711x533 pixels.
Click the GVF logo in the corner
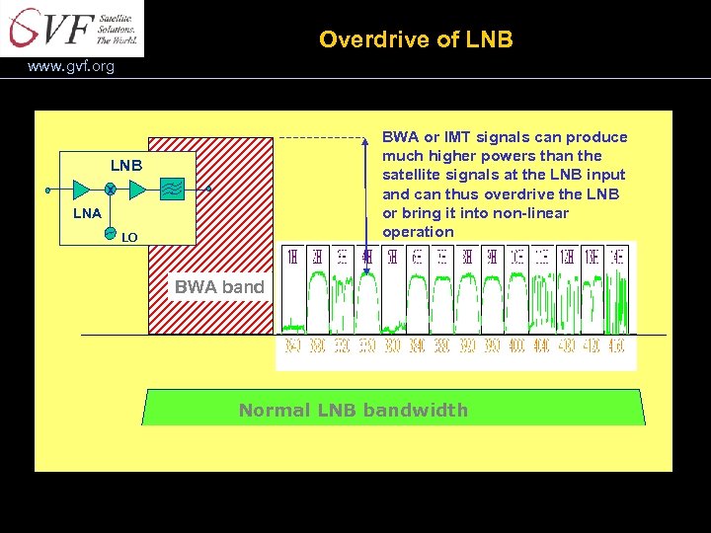coord(71,28)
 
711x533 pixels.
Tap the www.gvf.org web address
coord(71,67)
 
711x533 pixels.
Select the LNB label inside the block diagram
coord(125,165)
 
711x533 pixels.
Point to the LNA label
coord(89,212)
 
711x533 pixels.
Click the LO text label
coord(128,237)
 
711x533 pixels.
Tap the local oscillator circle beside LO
coord(111,235)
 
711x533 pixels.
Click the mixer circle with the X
coord(111,189)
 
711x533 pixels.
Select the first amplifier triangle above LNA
coord(81,189)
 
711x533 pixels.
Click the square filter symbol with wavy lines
coord(170,189)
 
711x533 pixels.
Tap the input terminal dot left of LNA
coord(47,189)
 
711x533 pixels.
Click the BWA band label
coord(219,287)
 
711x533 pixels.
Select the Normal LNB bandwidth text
coord(354,410)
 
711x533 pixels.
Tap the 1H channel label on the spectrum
coord(292,257)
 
